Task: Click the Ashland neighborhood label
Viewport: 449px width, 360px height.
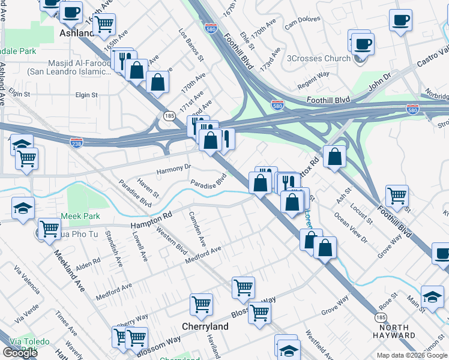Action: (x=77, y=34)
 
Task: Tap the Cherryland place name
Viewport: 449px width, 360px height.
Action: (x=205, y=326)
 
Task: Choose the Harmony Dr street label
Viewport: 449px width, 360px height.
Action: (x=173, y=170)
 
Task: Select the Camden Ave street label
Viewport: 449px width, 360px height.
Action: (x=197, y=229)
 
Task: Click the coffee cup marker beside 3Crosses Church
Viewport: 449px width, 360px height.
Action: (x=363, y=43)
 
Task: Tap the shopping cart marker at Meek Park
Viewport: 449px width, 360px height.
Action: (x=49, y=228)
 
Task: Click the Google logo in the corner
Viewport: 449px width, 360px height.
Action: (x=20, y=353)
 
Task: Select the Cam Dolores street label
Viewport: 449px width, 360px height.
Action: (x=300, y=23)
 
